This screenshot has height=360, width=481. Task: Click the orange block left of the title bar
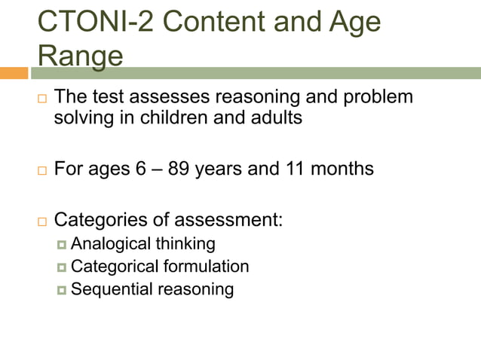coord(14,73)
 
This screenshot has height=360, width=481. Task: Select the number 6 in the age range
coord(141,169)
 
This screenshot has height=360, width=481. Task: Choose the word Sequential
coord(111,289)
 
